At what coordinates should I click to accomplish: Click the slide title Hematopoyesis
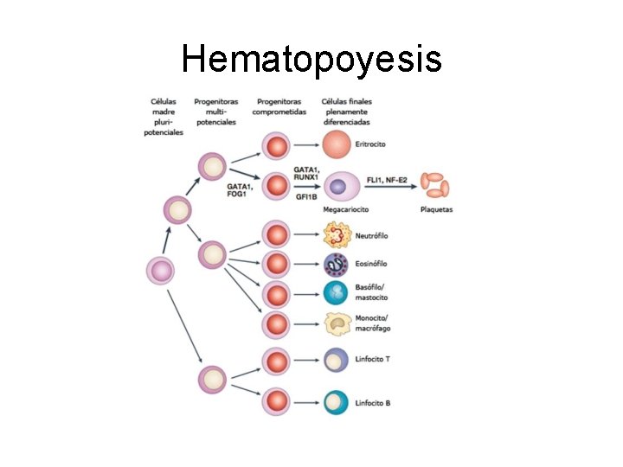pyautogui.click(x=311, y=60)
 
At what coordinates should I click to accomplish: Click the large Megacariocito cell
pyautogui.click(x=339, y=186)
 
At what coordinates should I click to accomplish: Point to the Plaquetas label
pyautogui.click(x=436, y=209)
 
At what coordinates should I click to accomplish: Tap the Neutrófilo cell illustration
pyautogui.click(x=337, y=234)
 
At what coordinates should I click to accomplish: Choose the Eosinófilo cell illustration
pyautogui.click(x=336, y=264)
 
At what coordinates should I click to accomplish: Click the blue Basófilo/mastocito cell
pyautogui.click(x=336, y=293)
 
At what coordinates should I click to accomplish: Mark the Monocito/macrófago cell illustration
pyautogui.click(x=337, y=323)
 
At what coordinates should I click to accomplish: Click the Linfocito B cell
pyautogui.click(x=336, y=402)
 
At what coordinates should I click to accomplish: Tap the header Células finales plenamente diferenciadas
pyautogui.click(x=345, y=112)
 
